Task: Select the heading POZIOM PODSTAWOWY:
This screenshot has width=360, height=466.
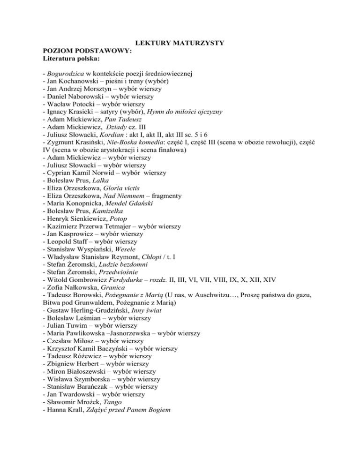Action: click(x=78, y=52)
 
